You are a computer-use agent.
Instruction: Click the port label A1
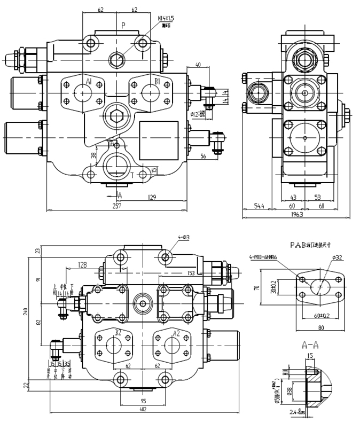[89, 82]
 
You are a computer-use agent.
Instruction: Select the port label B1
[158, 82]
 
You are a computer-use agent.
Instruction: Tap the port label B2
[117, 332]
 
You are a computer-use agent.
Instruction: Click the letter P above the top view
[123, 25]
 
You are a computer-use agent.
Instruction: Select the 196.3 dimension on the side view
[297, 215]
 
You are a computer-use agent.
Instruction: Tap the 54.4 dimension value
[259, 206]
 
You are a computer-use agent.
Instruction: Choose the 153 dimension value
[191, 273]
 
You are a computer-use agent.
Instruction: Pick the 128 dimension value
[82, 264]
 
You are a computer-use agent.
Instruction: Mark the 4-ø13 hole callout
[184, 237]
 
